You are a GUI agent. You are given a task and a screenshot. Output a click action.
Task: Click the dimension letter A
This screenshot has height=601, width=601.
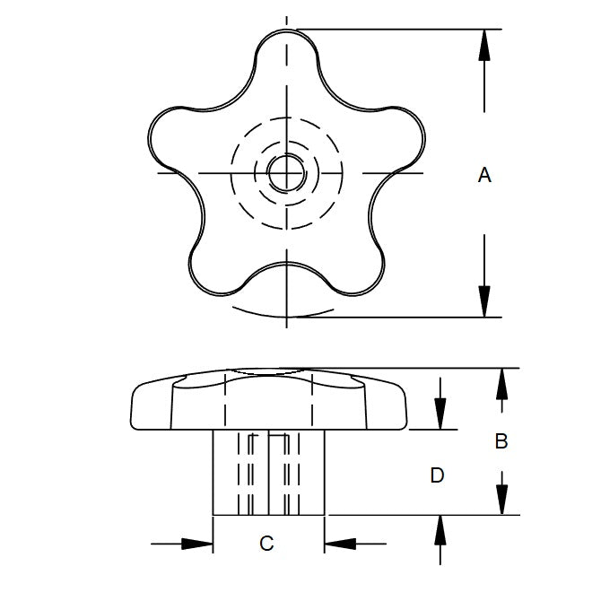click(484, 175)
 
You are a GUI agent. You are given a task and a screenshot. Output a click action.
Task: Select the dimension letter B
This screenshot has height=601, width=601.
click(501, 440)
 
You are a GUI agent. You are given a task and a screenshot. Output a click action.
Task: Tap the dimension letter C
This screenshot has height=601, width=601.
click(266, 544)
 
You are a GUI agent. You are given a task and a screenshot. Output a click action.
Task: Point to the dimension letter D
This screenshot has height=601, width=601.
click(437, 475)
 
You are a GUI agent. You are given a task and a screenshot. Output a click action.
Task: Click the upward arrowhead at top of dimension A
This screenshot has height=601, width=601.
click(484, 45)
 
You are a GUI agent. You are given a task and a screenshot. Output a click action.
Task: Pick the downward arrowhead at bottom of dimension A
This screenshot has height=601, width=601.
click(484, 301)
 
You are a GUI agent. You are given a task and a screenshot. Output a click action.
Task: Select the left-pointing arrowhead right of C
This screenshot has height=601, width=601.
click(340, 544)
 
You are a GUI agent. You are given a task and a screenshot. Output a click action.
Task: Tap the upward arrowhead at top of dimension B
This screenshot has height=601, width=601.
click(501, 384)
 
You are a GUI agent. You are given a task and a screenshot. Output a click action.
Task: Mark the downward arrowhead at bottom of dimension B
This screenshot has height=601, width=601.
click(501, 499)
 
